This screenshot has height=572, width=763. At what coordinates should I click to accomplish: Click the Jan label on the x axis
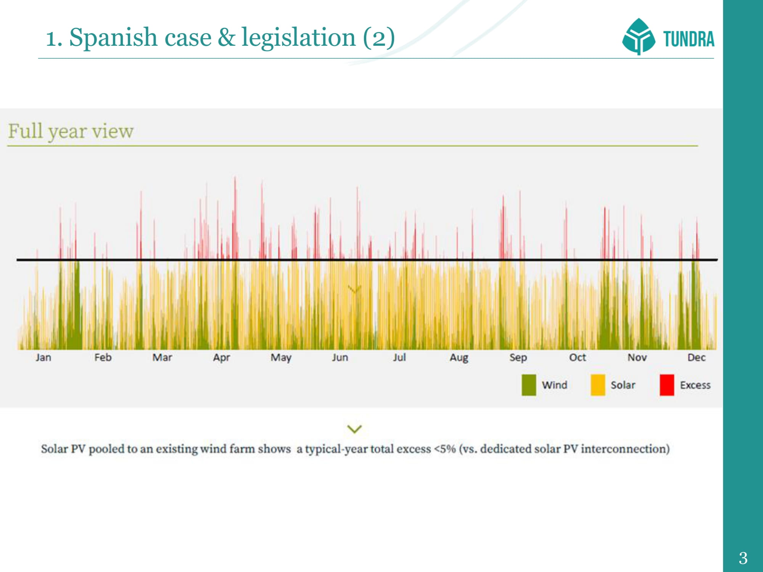(43, 357)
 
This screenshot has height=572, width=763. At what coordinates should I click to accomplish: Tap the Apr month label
(221, 357)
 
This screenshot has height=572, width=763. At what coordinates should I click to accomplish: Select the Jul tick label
(399, 357)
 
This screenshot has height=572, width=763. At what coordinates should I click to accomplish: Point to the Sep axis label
(518, 357)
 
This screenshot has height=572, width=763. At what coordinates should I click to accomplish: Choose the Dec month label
(696, 357)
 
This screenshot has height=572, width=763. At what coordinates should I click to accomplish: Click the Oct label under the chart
(578, 357)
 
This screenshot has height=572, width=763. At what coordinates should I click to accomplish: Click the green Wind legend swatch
(529, 385)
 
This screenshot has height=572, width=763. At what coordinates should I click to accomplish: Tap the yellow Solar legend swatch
(598, 385)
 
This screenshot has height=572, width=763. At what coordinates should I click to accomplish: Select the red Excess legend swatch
(667, 385)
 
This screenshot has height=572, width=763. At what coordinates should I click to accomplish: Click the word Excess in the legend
(695, 385)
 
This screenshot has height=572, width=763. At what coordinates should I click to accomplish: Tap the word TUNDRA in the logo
(689, 39)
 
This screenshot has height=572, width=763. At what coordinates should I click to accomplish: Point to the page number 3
(743, 558)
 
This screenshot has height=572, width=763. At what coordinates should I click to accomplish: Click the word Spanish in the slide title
(113, 38)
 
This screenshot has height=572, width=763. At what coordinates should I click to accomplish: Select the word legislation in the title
(298, 37)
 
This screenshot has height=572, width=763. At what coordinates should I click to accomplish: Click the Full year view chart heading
(71, 132)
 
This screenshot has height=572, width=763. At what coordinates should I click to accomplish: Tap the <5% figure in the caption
(445, 449)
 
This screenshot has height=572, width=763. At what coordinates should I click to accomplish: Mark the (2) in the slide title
(378, 38)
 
